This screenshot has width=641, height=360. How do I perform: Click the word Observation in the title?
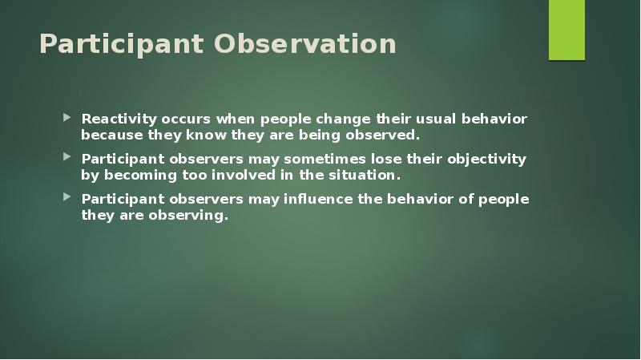pos(304,44)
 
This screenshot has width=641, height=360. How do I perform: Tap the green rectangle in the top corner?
pos(566,30)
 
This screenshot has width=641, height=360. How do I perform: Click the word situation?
pos(365,174)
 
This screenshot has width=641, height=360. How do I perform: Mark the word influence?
pos(316,199)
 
